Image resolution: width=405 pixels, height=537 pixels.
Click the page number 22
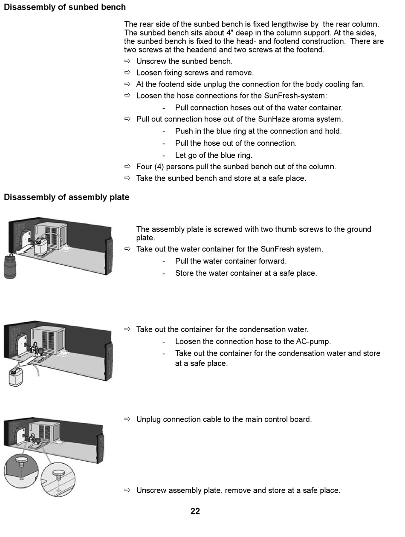(x=195, y=511)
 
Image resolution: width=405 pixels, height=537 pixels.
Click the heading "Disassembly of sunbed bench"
(x=65, y=7)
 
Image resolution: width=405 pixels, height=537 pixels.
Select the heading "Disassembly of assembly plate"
(x=67, y=197)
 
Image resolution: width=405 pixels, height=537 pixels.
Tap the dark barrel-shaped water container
(x=10, y=266)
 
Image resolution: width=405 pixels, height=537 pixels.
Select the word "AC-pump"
(x=313, y=341)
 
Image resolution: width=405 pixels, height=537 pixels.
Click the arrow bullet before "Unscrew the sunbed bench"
(x=127, y=61)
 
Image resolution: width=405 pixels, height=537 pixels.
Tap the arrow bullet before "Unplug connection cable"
(x=127, y=419)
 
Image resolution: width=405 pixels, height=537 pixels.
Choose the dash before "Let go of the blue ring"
(x=164, y=155)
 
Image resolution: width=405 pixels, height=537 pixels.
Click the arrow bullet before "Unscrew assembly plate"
(x=127, y=491)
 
